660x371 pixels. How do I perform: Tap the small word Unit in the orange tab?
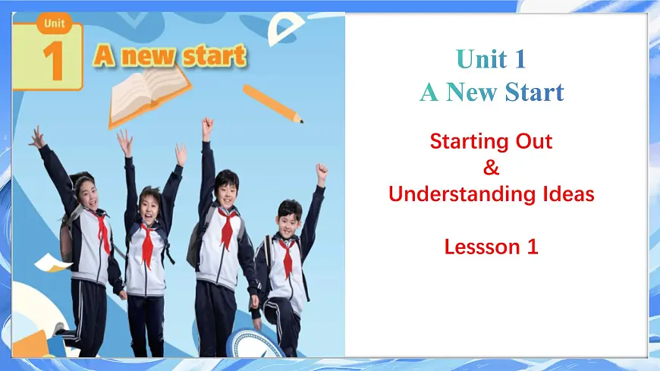click(54, 23)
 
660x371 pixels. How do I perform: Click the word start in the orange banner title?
click(213, 55)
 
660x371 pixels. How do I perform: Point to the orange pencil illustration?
click(273, 104)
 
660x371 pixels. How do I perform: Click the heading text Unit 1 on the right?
click(491, 58)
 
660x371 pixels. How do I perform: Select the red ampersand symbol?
click(491, 167)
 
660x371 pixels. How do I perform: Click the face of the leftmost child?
click(86, 192)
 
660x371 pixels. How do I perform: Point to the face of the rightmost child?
click(288, 219)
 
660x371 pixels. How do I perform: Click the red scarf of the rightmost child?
click(288, 253)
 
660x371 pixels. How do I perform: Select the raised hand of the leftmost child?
click(36, 137)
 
